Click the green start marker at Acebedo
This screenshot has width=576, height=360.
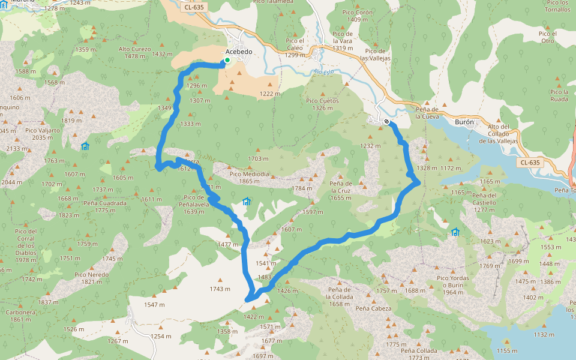pyautogui.click(x=227, y=60)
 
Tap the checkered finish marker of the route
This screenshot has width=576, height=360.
pyautogui.click(x=387, y=122)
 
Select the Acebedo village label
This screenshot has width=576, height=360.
pyautogui.click(x=238, y=52)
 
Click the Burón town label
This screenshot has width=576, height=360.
pyautogui.click(x=464, y=122)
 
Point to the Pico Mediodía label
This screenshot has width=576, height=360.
pyautogui.click(x=249, y=174)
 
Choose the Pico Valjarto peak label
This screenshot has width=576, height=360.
pyautogui.click(x=43, y=130)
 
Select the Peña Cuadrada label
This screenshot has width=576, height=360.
pyautogui.click(x=105, y=203)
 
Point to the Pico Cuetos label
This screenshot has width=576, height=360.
pyautogui.click(x=322, y=101)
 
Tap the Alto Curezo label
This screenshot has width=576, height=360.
pyautogui.click(x=134, y=49)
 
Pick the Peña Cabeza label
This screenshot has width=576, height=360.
pyautogui.click(x=373, y=309)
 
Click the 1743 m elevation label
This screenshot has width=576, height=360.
pyautogui.click(x=220, y=289)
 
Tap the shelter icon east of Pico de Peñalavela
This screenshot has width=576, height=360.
pyautogui.click(x=246, y=201)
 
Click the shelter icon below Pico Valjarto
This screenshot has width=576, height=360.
pyautogui.click(x=85, y=146)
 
